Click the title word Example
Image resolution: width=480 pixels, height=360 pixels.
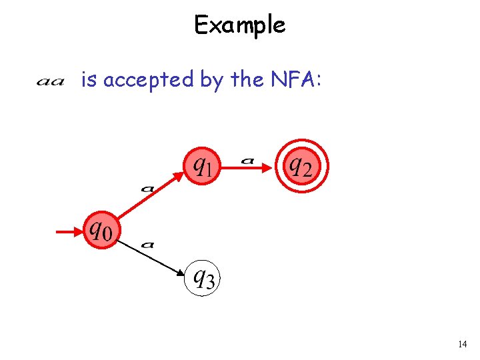[239, 25]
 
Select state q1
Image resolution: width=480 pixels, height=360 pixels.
[201, 163]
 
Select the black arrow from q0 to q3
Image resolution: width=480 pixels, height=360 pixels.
[150, 256]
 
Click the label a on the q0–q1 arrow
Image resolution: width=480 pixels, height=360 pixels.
[147, 188]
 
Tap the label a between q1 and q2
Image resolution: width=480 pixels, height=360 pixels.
[248, 159]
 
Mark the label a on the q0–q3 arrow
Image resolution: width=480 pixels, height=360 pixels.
[148, 245]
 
